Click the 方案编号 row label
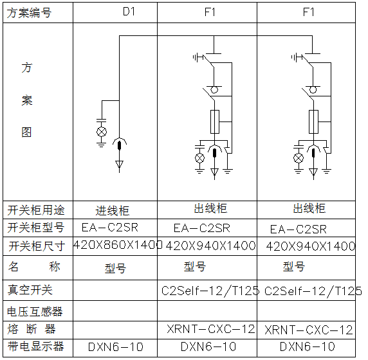point(29,13)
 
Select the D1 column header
point(129,12)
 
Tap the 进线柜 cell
point(112,211)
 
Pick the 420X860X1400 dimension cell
point(118,245)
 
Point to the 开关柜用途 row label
point(36,210)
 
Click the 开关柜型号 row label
point(35,228)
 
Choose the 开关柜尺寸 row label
point(37,246)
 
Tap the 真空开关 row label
point(30,290)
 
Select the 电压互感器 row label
point(35,312)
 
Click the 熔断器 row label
point(32,328)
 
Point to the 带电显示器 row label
point(35,346)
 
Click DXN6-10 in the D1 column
point(116,347)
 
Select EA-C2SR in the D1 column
point(110,228)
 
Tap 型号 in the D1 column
point(115,268)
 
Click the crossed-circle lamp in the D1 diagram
point(102,132)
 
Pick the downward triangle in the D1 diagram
point(119,164)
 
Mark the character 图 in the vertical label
point(26,132)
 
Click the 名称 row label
point(34,267)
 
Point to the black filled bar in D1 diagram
point(119,145)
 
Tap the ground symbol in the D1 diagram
point(102,144)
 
